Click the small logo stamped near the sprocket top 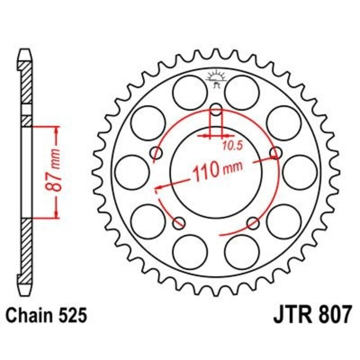[x=216, y=79]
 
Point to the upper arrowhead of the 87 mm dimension [x=56, y=130]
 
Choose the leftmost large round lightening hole [x=132, y=172]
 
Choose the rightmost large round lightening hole [x=300, y=172]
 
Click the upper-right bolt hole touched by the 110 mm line [x=275, y=153]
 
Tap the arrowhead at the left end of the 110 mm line [x=157, y=187]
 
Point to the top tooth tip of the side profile [x=26, y=52]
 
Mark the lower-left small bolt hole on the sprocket [x=180, y=222]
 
